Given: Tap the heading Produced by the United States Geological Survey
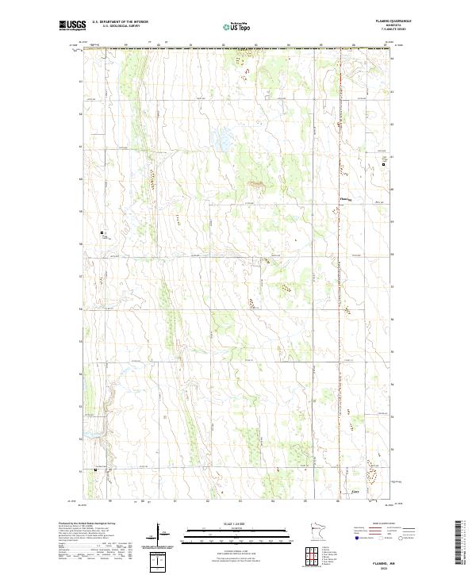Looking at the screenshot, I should pos(87,524).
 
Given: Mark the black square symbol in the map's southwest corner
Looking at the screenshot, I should pos(97,470).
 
